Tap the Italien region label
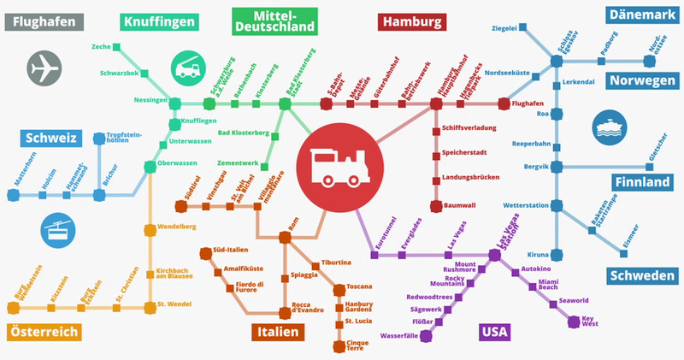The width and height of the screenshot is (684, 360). coord(277,332)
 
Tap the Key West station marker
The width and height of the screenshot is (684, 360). coord(575,322)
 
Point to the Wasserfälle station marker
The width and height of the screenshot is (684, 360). coord(426,335)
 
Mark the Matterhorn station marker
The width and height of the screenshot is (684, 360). coord(13,195)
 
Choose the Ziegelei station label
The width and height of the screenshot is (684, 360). coord(504,28)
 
